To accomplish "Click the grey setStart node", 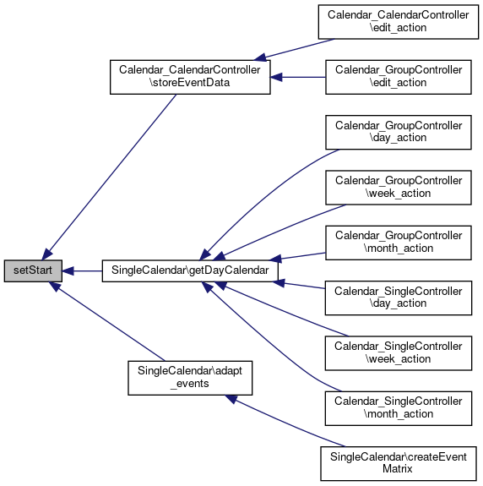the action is pos(33,271).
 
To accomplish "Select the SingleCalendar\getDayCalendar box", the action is pos(190,271).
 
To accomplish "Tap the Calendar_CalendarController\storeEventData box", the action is pos(190,77).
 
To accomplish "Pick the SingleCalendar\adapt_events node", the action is pos(190,378).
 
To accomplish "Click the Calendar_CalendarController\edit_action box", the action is pos(399,22).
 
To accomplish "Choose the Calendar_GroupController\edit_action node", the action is pos(399,77).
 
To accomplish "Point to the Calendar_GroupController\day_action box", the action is pos(399,133).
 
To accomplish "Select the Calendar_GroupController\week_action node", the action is pos(399,188).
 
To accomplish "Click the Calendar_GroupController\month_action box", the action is pos(399,243).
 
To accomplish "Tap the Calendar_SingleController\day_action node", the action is pos(399,298).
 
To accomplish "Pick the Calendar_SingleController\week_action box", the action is pos(399,353).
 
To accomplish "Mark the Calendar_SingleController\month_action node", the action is pos(399,408).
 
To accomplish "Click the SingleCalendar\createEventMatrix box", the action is pos(399,464).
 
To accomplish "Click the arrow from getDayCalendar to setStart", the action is pos(82,271).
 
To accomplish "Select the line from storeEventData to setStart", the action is pos(109,177).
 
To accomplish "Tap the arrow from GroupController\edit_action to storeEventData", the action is pos(298,77).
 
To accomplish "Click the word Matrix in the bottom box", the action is pos(398,468).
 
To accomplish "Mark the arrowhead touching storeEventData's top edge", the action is pos(260,57).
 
